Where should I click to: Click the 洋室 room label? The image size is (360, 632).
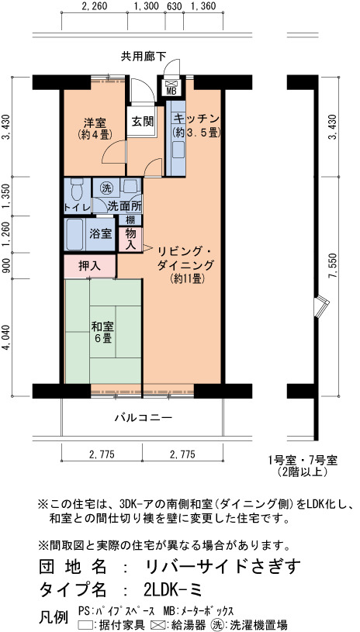pos(95,122)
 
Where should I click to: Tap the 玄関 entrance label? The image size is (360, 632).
pos(141,121)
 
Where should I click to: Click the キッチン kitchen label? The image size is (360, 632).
pos(196,119)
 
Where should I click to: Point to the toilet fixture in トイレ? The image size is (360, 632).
pos(76,188)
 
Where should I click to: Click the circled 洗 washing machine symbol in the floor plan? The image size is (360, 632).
pos(106,188)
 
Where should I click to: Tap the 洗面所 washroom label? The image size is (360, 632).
pos(125,206)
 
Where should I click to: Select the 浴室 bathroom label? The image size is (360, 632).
pos(101,233)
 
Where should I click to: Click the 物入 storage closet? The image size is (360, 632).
pos(130,240)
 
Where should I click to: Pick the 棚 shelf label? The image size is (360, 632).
pos(130,220)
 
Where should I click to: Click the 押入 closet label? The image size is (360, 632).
pos(89,266)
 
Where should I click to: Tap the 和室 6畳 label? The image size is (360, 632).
pos(101,332)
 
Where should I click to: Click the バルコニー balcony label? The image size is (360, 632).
pos(144,417)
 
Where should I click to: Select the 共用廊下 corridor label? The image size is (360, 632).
pos(144,57)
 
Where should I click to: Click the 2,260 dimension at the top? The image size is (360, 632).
pos(95,6)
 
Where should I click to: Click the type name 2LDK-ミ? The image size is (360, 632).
pos(172,589)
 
